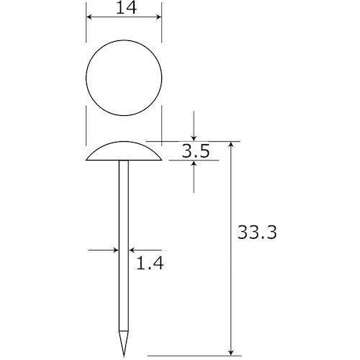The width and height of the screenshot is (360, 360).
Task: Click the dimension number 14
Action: [126, 8]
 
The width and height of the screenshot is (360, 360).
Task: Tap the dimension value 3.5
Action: [196, 151]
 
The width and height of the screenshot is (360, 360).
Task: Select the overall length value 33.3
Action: [257, 232]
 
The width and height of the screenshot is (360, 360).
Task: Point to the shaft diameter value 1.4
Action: [150, 263]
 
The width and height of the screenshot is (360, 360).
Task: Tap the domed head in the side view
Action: [124, 151]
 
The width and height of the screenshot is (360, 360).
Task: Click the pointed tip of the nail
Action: [124, 357]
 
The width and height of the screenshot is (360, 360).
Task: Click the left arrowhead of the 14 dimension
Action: [89, 17]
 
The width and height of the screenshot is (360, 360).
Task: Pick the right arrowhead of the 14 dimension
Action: [158, 17]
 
